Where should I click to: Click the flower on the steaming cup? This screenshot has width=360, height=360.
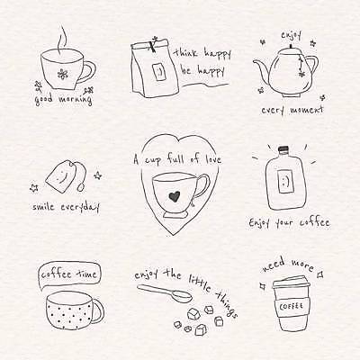(x=62, y=74)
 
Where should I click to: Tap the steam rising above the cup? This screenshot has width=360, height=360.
(x=62, y=40)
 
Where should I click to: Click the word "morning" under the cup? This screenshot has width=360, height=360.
(x=76, y=99)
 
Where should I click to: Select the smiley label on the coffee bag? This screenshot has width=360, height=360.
(x=160, y=72)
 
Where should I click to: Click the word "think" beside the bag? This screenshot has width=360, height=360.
(x=186, y=53)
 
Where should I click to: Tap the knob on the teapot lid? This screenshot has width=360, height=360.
(x=291, y=46)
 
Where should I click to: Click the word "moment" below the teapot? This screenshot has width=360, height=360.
(x=306, y=110)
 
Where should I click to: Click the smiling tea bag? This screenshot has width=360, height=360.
(x=61, y=176)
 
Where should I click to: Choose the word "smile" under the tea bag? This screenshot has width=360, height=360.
(x=43, y=206)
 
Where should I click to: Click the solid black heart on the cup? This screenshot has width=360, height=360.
(x=174, y=196)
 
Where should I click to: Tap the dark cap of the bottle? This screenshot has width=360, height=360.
(x=283, y=148)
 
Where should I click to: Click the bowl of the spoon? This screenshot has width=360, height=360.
(x=181, y=296)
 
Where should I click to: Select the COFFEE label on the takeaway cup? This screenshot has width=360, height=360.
(x=291, y=307)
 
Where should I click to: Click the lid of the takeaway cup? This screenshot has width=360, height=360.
(x=291, y=283)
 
